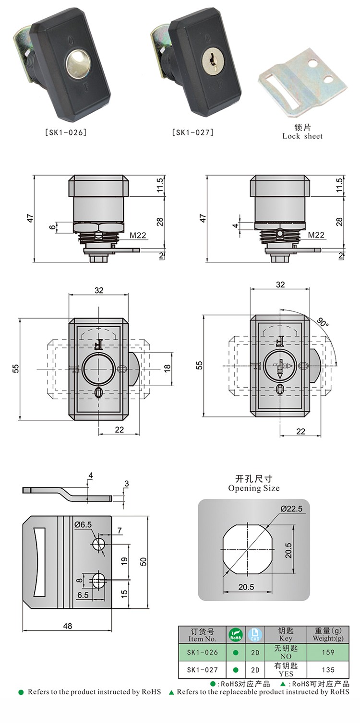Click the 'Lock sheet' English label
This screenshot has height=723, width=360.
tap(302, 136)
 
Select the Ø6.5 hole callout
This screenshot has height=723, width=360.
tap(83, 525)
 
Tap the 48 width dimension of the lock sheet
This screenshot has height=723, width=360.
tap(67, 626)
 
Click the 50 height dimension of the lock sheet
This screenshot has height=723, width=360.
tap(143, 562)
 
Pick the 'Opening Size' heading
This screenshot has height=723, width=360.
tap(253, 488)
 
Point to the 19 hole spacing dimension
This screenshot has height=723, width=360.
tap(124, 560)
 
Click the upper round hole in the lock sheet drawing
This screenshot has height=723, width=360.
tap(99, 544)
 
